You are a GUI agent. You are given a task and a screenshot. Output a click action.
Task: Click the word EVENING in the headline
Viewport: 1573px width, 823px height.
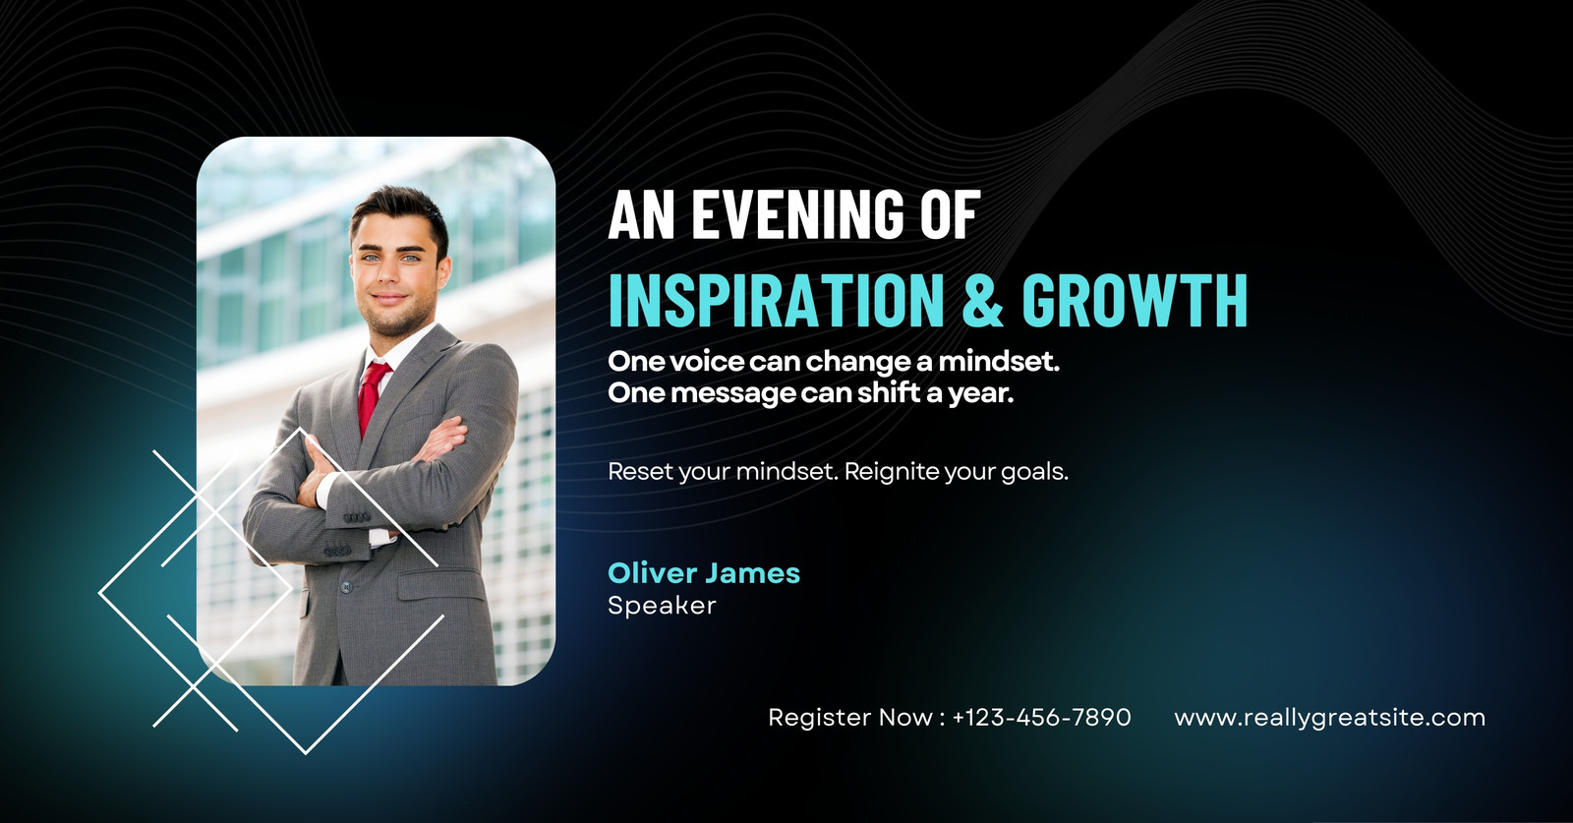click(797, 214)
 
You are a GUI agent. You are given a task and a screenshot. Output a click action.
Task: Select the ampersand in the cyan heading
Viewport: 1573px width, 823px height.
click(982, 300)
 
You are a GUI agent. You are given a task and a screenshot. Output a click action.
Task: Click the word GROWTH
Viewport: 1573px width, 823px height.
click(1135, 300)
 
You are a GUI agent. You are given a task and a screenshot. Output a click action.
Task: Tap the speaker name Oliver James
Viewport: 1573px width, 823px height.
click(704, 573)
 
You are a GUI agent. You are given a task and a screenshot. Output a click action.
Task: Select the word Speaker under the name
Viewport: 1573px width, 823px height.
click(662, 606)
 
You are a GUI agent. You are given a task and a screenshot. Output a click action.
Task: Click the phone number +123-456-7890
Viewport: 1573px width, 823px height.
click(1041, 717)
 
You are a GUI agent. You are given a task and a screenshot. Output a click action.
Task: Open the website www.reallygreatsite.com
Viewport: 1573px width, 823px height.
click(1329, 718)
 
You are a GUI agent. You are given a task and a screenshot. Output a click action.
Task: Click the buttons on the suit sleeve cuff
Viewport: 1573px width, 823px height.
click(356, 517)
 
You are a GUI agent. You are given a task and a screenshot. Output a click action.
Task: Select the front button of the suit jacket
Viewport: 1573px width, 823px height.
click(345, 587)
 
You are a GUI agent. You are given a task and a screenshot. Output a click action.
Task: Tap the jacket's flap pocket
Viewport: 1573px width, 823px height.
click(441, 584)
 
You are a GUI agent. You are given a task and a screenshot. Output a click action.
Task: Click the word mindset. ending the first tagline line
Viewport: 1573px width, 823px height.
click(999, 362)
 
